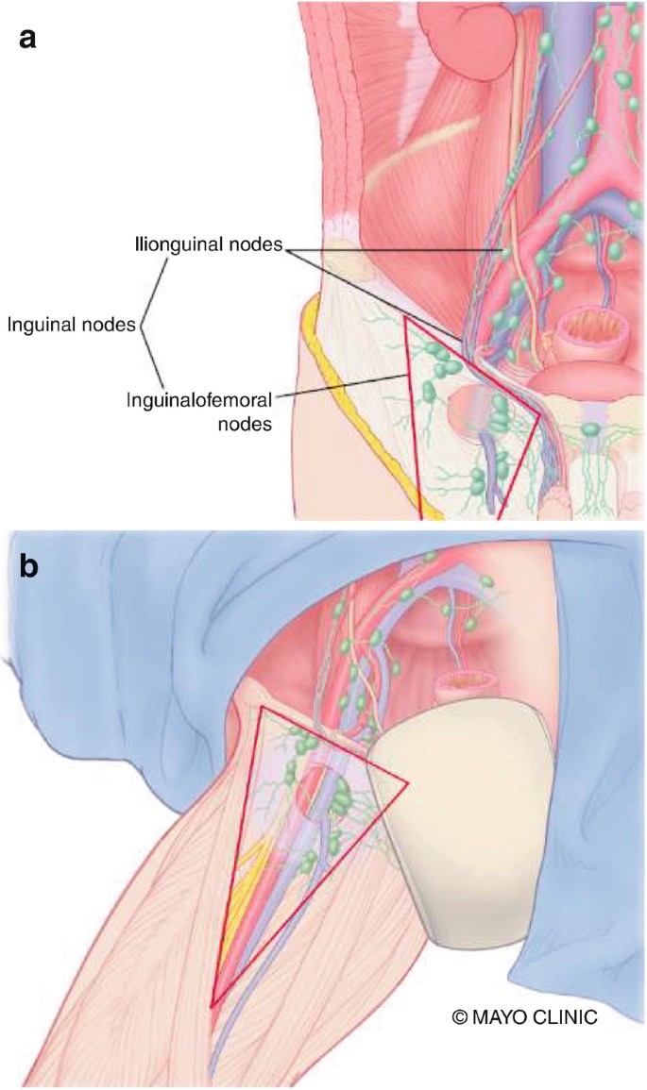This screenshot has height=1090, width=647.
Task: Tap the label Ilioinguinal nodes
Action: point(208,245)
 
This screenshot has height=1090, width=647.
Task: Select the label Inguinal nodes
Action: point(73,326)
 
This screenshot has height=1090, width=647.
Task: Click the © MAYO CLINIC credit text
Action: point(525,1017)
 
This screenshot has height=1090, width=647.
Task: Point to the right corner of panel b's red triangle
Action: point(407,780)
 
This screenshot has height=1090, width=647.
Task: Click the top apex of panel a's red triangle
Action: point(406,318)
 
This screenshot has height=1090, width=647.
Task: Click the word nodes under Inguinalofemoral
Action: point(245,425)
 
